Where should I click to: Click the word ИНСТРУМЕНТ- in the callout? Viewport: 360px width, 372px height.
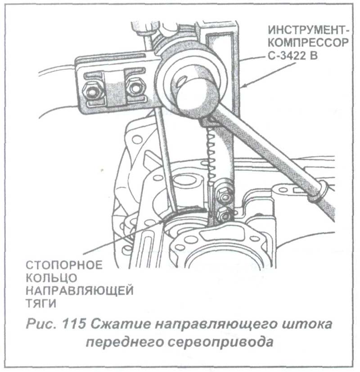(x=309, y=30)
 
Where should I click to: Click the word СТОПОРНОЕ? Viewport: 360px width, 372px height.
(x=64, y=265)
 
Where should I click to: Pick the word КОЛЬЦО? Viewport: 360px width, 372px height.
(x=51, y=278)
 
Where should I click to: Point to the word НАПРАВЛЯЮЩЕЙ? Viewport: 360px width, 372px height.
(x=79, y=291)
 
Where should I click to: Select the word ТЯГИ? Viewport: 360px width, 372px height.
(x=40, y=303)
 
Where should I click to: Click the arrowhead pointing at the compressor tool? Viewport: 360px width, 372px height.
(x=245, y=85)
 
